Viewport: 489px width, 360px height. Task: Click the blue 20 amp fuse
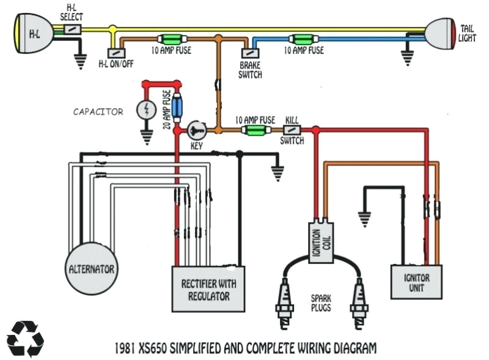tap(177, 108)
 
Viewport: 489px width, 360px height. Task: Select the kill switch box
tap(292, 130)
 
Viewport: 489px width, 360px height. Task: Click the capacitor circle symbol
tap(147, 110)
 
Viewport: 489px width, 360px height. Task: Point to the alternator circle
tap(92, 268)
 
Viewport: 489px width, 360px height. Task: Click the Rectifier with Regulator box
tap(208, 290)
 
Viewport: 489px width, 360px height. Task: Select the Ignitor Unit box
tap(416, 282)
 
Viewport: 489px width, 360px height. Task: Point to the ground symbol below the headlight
tap(79, 61)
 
